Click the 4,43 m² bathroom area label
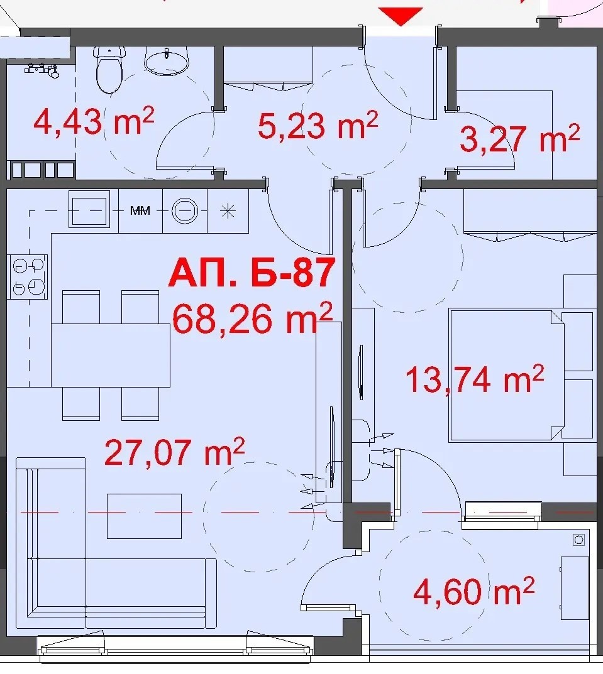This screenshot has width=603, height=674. tap(94, 121)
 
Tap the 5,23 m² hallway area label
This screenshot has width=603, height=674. tap(318, 126)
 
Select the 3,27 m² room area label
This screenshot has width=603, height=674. tap(519, 138)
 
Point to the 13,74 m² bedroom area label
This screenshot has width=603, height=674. tap(475, 379)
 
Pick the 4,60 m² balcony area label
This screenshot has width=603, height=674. tap(473, 591)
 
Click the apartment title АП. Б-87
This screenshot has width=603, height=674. tap(252, 273)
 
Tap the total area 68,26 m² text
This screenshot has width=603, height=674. tap(253, 318)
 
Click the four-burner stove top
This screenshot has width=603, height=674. tap(28, 277)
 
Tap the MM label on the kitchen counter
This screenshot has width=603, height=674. tap(140, 210)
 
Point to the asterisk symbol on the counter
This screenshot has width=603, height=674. tap(228, 211)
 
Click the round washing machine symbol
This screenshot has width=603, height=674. tap(185, 211)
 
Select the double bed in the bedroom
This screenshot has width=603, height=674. tap(506, 376)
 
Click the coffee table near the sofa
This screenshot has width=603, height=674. tap(144, 516)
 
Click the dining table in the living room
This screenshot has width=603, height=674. tap(111, 356)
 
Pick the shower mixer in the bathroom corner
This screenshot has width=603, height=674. tap(42, 70)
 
